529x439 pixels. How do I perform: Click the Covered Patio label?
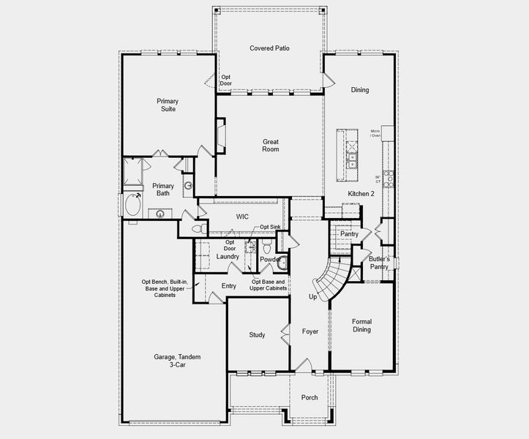pyautogui.click(x=269, y=48)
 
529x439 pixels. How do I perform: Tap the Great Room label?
pyautogui.click(x=270, y=145)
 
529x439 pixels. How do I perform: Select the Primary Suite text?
pyautogui.click(x=168, y=105)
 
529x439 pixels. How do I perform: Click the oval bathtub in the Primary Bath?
pyautogui.click(x=132, y=205)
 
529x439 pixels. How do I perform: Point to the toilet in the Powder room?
pyautogui.click(x=283, y=262)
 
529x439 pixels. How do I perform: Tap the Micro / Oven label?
pyautogui.click(x=375, y=133)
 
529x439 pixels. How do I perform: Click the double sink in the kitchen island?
pyautogui.click(x=352, y=160)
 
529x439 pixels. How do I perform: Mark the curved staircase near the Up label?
pyautogui.click(x=327, y=278)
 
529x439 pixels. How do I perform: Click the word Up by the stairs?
pyautogui.click(x=312, y=297)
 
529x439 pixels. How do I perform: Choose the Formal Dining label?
pyautogui.click(x=361, y=326)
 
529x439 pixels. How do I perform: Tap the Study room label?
pyautogui.click(x=257, y=335)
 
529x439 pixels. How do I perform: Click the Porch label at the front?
pyautogui.click(x=309, y=397)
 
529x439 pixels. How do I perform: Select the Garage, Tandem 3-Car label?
pyautogui.click(x=177, y=361)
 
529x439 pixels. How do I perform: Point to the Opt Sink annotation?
pyautogui.click(x=269, y=228)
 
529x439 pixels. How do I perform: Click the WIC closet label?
pyautogui.click(x=243, y=217)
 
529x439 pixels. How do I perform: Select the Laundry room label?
pyautogui.click(x=228, y=257)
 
